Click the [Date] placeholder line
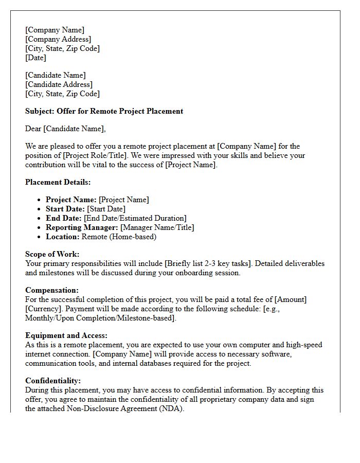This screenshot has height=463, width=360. (x=36, y=58)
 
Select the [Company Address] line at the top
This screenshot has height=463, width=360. (x=58, y=39)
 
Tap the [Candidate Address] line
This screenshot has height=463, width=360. (x=59, y=84)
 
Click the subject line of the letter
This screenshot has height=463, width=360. (x=104, y=111)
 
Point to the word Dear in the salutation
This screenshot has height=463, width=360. (x=33, y=129)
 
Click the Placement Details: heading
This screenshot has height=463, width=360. (x=58, y=182)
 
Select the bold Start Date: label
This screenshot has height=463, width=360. (x=65, y=209)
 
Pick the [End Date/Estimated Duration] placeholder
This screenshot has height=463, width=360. (x=135, y=218)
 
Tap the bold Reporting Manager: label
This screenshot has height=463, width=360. (x=82, y=227)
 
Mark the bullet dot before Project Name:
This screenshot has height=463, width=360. (x=40, y=200)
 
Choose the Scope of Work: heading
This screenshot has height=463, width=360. (x=52, y=254)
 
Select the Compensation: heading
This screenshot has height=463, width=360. (x=52, y=290)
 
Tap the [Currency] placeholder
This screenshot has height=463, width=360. (x=43, y=309)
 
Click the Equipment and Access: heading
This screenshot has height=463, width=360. (x=66, y=335)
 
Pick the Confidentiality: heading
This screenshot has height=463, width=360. (x=53, y=381)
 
